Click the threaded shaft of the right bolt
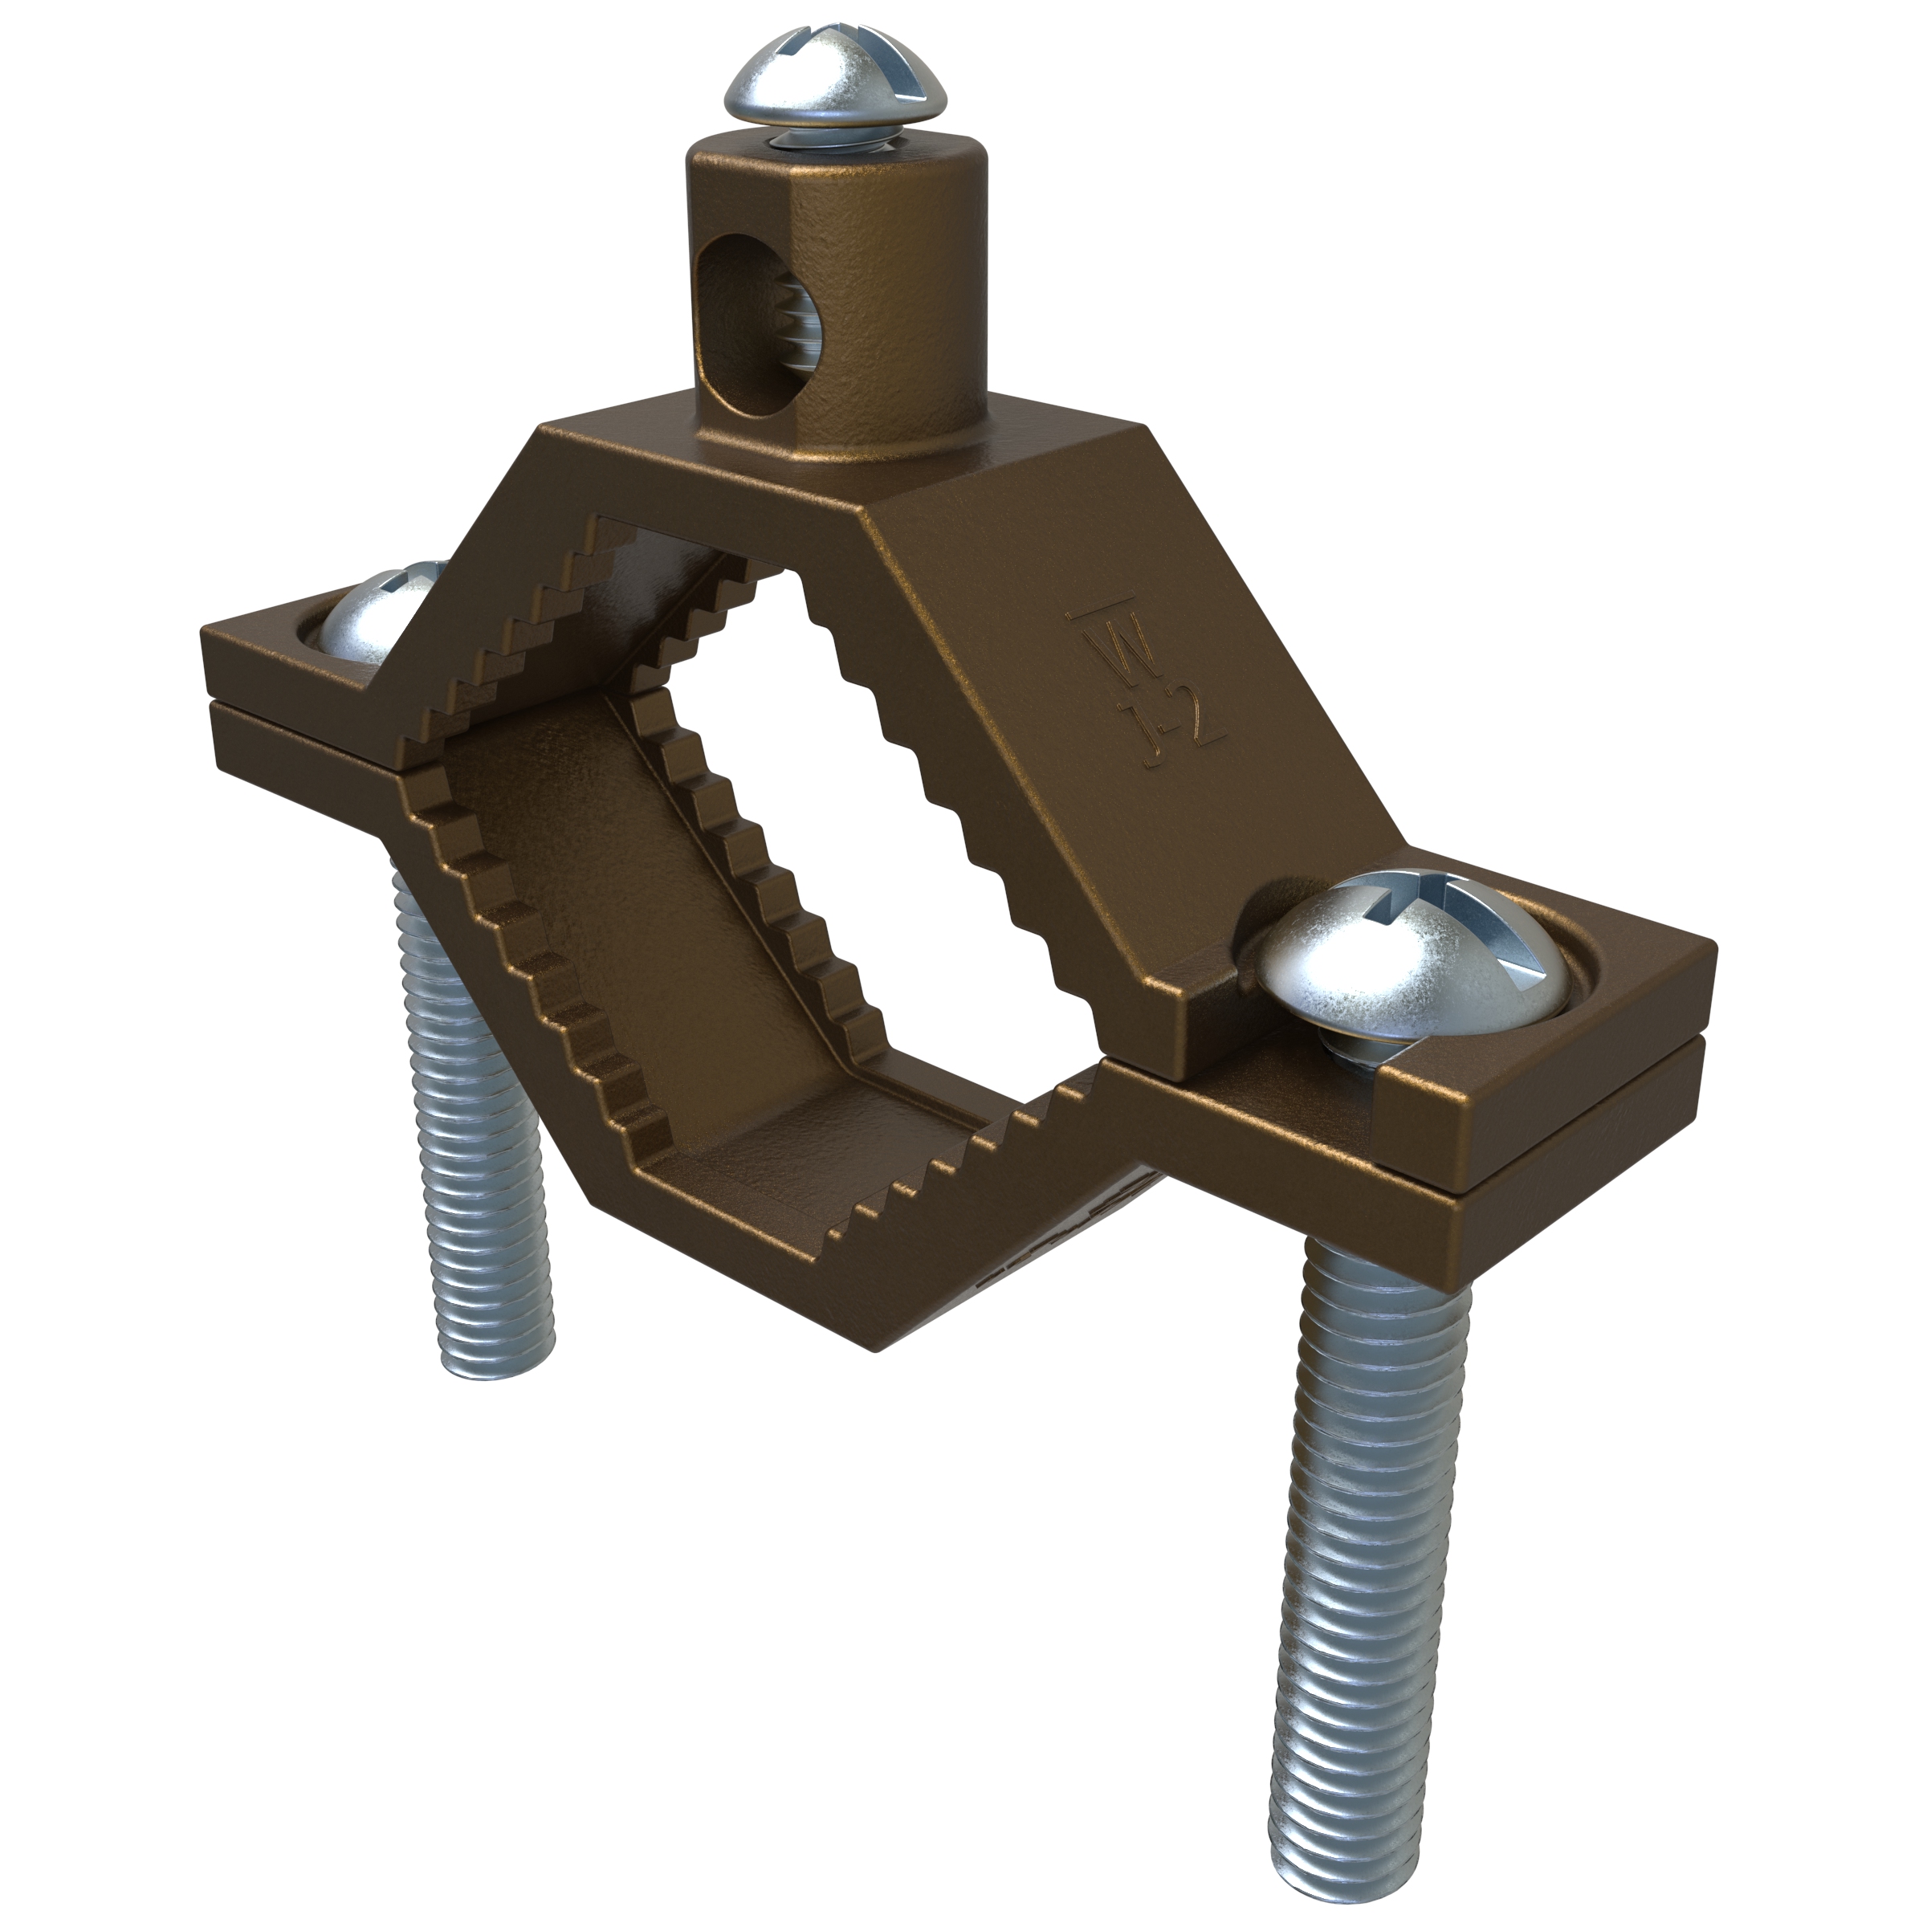(x=1381, y=1496)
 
